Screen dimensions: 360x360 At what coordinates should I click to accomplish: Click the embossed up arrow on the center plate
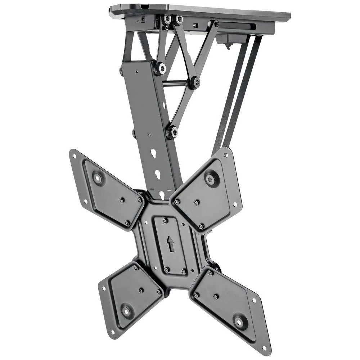tap(171, 244)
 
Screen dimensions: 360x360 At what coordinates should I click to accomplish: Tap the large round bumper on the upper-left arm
tap(98, 178)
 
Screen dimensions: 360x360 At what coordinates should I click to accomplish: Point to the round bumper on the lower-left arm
tap(127, 310)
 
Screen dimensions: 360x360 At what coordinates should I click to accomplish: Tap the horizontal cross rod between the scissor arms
tap(176, 83)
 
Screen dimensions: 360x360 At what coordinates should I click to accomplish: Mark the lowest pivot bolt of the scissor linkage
tap(172, 132)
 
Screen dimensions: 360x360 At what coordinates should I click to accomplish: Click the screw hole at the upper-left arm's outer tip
tap(75, 156)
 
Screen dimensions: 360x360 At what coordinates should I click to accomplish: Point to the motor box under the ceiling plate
tap(230, 38)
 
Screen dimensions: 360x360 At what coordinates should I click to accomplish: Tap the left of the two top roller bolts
tap(167, 20)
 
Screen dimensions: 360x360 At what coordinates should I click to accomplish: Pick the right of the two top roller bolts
tap(178, 20)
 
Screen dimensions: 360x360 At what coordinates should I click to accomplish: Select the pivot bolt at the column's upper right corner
tap(160, 68)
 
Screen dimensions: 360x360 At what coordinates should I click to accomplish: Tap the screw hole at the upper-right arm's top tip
tap(226, 155)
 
